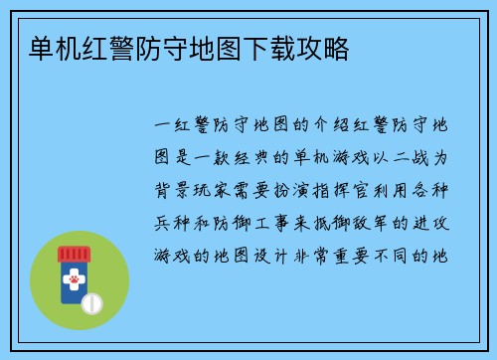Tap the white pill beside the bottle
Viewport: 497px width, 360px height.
[90, 301]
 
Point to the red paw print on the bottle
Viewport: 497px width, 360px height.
[72, 282]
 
